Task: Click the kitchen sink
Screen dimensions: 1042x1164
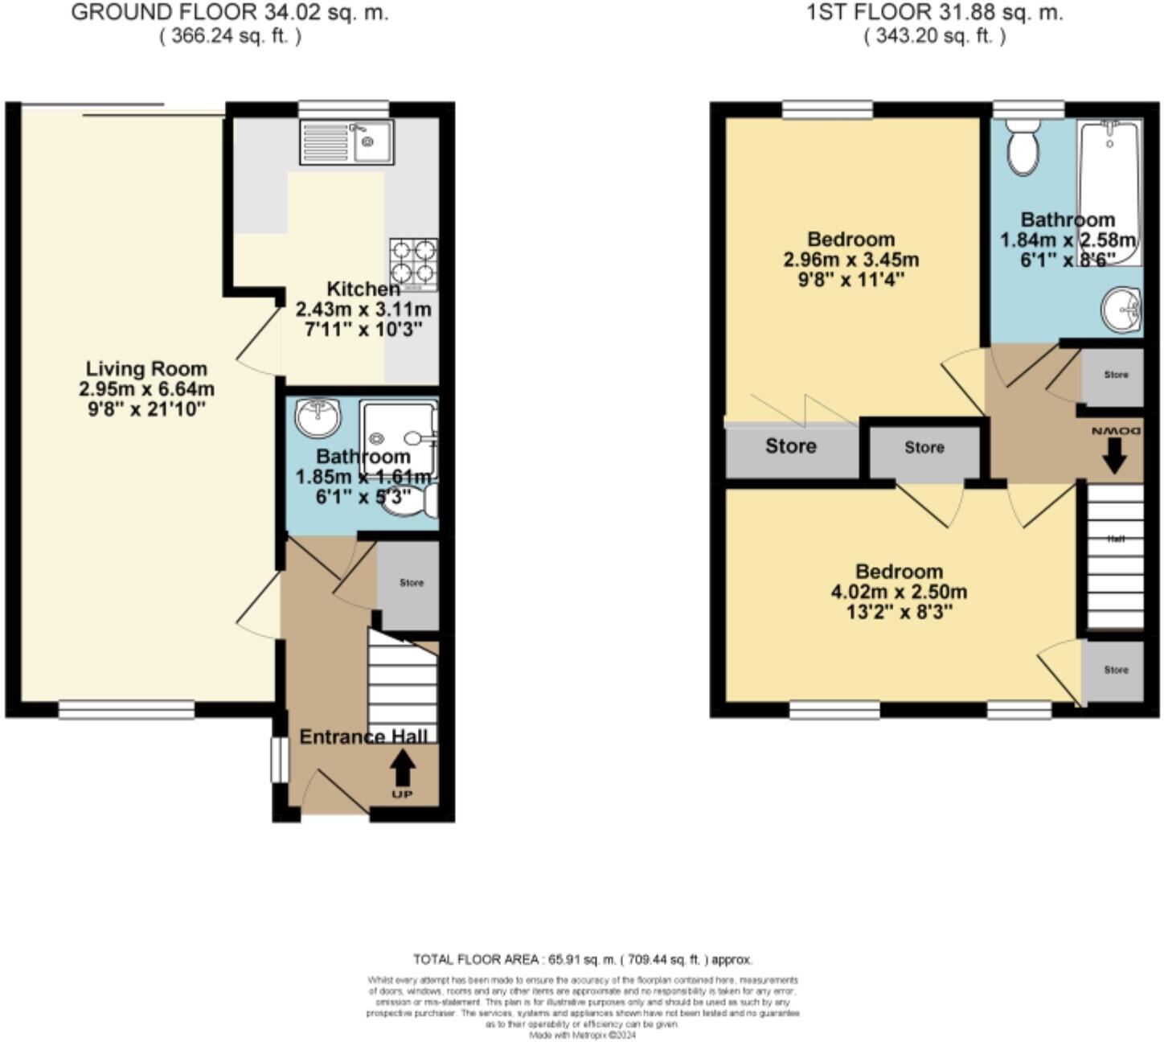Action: pos(346,142)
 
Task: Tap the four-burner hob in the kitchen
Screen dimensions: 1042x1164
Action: pos(413,263)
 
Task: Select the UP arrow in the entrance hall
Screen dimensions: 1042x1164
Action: pos(403,770)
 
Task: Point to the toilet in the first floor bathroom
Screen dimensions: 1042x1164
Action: pos(1023,148)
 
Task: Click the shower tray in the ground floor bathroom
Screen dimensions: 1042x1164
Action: pos(398,438)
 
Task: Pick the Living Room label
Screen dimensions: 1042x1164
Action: pos(146,369)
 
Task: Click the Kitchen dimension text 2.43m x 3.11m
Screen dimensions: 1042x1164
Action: pos(363,310)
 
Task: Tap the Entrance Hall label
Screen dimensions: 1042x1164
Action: pos(363,736)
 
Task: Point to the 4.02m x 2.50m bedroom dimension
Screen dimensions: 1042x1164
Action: pos(899,593)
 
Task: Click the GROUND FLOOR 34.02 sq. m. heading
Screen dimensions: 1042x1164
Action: pos(230,13)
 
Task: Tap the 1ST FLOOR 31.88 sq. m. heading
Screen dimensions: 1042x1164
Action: pos(935,13)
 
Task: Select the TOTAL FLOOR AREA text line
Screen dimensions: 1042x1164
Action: pos(583,959)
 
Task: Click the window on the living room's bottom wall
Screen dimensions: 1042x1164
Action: pos(126,709)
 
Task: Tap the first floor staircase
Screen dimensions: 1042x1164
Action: pos(1115,555)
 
